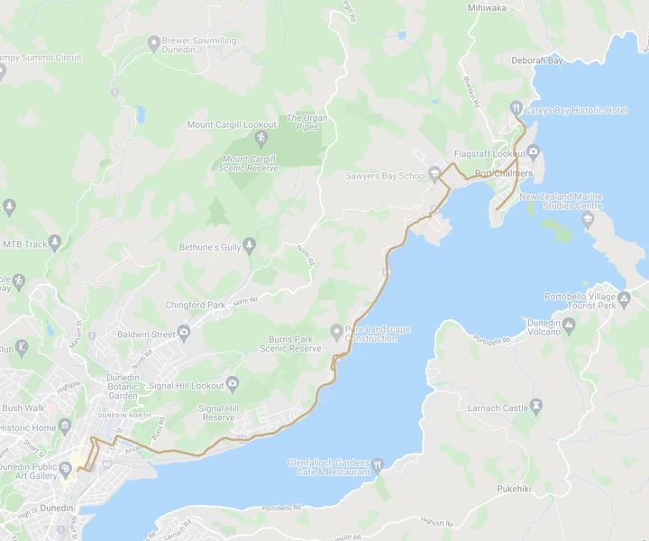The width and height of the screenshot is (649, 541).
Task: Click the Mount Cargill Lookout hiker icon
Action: (261, 138)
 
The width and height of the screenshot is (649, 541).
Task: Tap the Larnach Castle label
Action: (497, 408)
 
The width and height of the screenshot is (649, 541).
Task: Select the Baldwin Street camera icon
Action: (184, 334)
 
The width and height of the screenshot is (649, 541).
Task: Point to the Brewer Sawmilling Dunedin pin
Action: (154, 41)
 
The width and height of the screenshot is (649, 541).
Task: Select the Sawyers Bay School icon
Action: (434, 174)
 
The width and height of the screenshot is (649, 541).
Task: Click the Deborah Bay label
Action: (536, 60)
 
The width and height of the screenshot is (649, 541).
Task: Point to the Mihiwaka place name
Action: (487, 7)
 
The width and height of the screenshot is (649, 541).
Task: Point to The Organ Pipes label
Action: (306, 123)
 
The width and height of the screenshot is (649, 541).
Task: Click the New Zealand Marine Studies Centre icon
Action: (588, 219)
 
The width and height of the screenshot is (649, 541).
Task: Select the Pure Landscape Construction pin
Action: (336, 331)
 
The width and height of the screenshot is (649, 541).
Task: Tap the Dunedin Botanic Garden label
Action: (123, 387)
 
